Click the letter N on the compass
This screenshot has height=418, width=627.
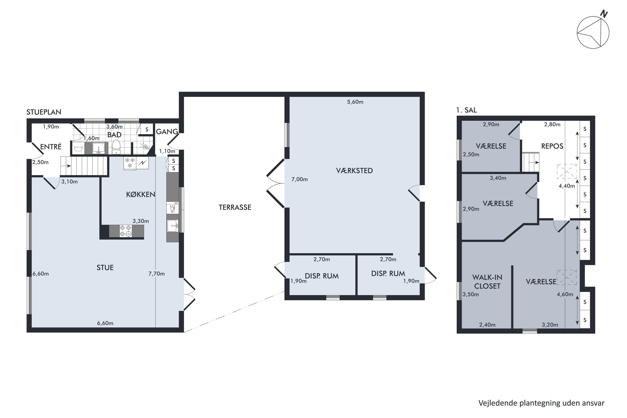pyautogui.click(x=604, y=14)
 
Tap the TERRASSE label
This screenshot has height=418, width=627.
pyautogui.click(x=235, y=207)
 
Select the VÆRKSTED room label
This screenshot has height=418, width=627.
pyautogui.click(x=354, y=171)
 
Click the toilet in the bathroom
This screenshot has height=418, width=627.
pyautogui.click(x=116, y=147)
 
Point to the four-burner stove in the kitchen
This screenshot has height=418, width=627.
pyautogui.click(x=126, y=231)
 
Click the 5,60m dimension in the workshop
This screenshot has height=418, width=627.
pyautogui.click(x=355, y=102)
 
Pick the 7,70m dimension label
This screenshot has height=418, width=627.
pyautogui.click(x=157, y=274)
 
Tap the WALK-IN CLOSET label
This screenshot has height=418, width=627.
pyautogui.click(x=487, y=282)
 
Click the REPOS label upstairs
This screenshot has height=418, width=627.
pyautogui.click(x=552, y=146)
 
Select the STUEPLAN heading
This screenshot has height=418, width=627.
pyautogui.click(x=44, y=112)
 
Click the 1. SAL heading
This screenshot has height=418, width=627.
pyautogui.click(x=466, y=110)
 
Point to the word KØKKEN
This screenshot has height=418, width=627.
pyautogui.click(x=140, y=195)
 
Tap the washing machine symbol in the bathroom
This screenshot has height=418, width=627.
pyautogui.click(x=78, y=148)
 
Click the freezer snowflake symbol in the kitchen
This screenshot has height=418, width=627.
pyautogui.click(x=130, y=163)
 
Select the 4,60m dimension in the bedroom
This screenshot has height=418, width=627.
pyautogui.click(x=565, y=294)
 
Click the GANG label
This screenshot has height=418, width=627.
pyautogui.click(x=167, y=131)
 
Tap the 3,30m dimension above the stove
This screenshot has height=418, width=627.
pyautogui.click(x=141, y=221)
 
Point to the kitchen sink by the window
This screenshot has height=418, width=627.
pyautogui.click(x=172, y=226)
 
